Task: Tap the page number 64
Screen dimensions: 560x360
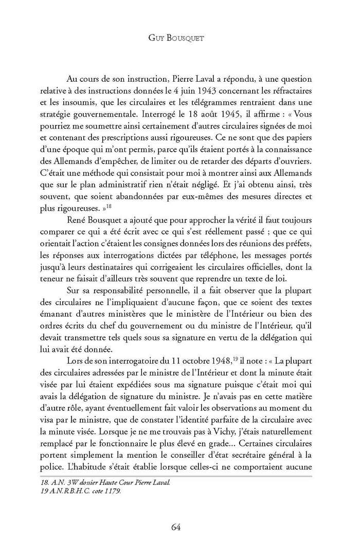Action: (180, 526)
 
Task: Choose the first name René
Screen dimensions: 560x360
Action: (76, 239)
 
